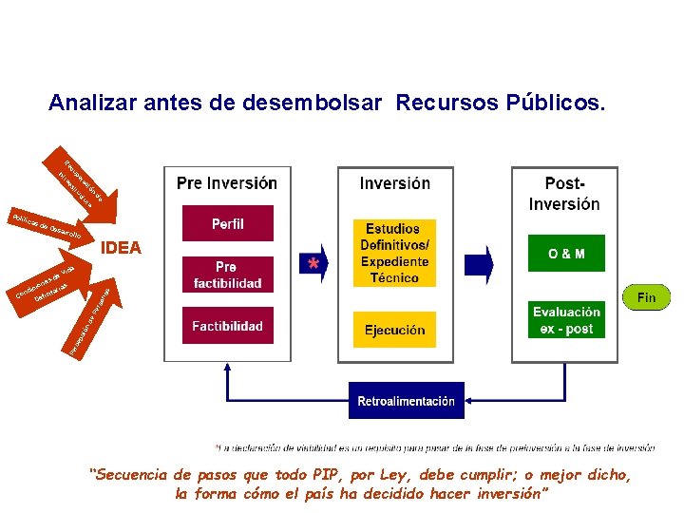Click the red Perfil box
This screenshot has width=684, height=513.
point(227,223)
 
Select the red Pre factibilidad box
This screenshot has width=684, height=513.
point(227,275)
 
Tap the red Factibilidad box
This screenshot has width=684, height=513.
point(227,326)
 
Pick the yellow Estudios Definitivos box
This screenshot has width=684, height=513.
point(395,253)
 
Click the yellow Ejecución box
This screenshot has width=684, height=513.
point(395,330)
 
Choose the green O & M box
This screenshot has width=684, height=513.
point(566,254)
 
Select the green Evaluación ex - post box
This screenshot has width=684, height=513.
point(566,319)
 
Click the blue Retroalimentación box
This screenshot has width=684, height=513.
point(406,401)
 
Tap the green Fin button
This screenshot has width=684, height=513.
point(646,297)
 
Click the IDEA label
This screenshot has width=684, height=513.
point(121,249)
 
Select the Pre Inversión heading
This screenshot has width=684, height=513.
point(227,183)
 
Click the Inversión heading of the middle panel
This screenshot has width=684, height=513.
point(395,183)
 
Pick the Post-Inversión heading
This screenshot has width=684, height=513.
point(564,193)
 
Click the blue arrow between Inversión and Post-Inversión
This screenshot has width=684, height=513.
point(484,265)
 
